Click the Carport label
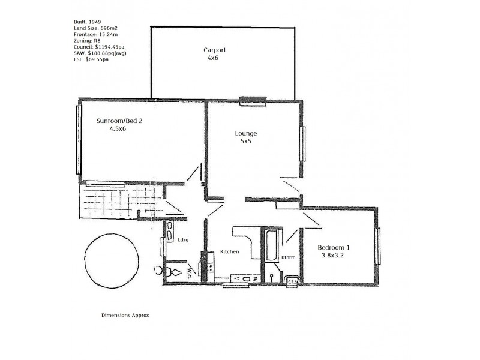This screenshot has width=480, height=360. tap(215, 50)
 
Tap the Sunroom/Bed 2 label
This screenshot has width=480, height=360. tap(119, 121)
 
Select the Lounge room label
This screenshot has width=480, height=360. tap(246, 133)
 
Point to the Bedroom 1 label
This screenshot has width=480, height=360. tap(334, 248)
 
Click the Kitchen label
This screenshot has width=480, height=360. tap(230, 251)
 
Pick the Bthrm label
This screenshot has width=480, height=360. tap(289, 258)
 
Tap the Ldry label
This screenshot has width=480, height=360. tap(183, 240)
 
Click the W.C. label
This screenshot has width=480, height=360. tap(189, 272)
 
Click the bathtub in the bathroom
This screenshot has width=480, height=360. tap(269, 246)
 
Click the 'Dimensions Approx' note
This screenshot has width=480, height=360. tap(125, 314)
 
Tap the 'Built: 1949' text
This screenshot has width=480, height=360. tap(86, 22)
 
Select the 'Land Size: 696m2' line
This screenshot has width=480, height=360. tap(94, 29)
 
